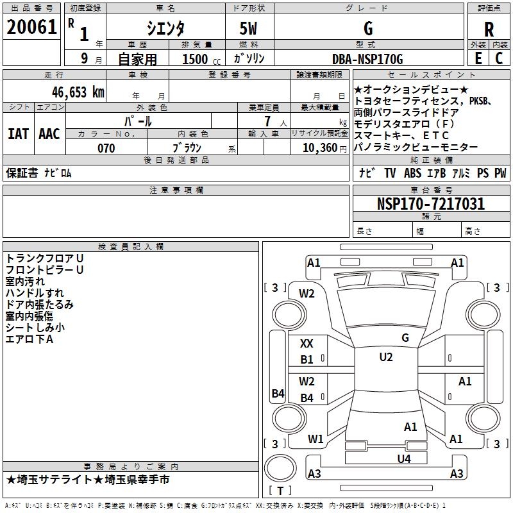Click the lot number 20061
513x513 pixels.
pyautogui.click(x=31, y=27)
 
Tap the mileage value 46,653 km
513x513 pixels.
pyautogui.click(x=78, y=92)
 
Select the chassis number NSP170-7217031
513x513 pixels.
pyautogui.click(x=431, y=204)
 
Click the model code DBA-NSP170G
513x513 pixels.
pyautogui.click(x=367, y=59)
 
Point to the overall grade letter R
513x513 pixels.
pyautogui.click(x=489, y=29)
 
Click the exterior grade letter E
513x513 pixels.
pyautogui.click(x=478, y=58)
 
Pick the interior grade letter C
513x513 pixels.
pyautogui.click(x=499, y=58)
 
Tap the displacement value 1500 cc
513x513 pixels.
pyautogui.click(x=201, y=59)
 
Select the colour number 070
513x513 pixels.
pyautogui.click(x=106, y=148)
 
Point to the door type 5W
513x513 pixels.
pyautogui.click(x=248, y=28)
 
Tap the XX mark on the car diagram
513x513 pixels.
pyautogui.click(x=307, y=344)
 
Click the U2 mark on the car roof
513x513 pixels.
pyautogui.click(x=386, y=357)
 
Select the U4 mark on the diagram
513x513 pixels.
pyautogui.click(x=404, y=459)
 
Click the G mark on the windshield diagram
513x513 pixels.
pyautogui.click(x=405, y=338)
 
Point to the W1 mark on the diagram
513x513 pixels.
pyautogui.click(x=315, y=439)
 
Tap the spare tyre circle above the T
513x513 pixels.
pyautogui.click(x=280, y=467)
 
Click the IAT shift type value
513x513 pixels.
pyautogui.click(x=19, y=134)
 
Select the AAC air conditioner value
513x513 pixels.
pyautogui.click(x=49, y=134)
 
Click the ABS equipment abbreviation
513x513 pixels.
pyautogui.click(x=412, y=173)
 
